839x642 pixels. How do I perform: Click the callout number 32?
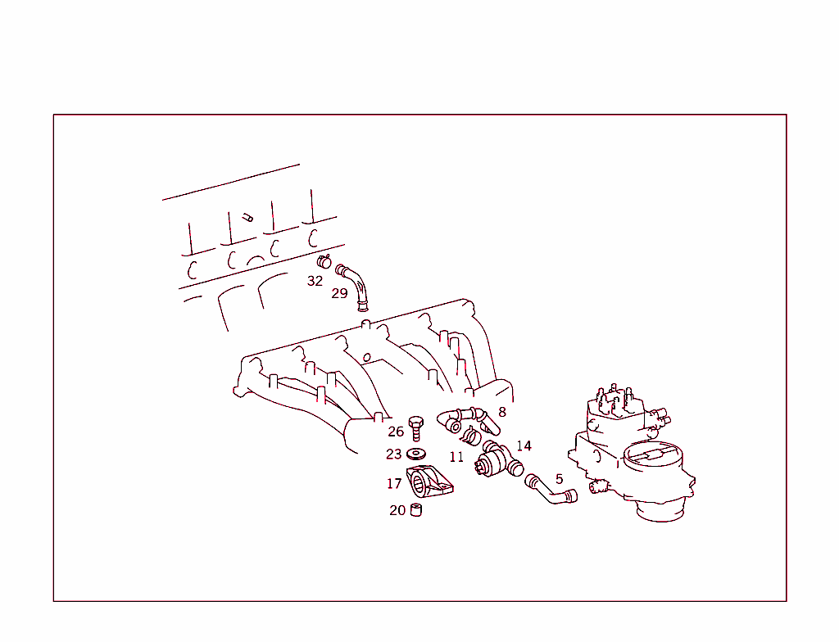(315, 281)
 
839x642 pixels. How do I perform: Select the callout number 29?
(339, 293)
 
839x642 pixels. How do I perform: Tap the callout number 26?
(396, 432)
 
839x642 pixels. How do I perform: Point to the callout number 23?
(394, 454)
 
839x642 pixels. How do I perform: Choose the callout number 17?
(394, 484)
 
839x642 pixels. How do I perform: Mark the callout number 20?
(397, 510)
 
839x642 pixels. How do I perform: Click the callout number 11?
(456, 456)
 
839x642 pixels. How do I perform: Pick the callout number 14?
(524, 445)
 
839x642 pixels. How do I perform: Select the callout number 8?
(502, 413)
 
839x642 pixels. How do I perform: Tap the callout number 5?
(559, 479)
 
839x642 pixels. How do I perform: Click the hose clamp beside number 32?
(324, 262)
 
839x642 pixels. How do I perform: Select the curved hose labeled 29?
(357, 287)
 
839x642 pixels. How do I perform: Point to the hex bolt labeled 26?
(416, 427)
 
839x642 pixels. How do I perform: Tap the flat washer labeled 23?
(416, 454)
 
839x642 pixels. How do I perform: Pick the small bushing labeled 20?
(416, 511)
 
